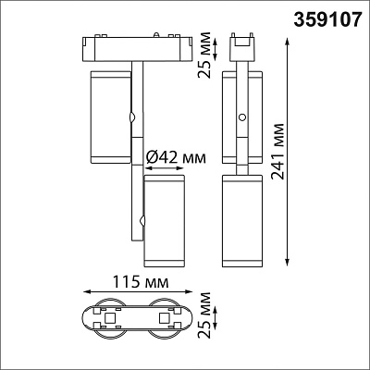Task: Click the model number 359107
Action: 327,19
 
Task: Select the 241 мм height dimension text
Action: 277,151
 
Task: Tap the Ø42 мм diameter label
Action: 176,158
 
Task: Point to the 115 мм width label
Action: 141,281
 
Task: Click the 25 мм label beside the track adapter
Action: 204,55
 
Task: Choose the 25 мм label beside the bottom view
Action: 204,314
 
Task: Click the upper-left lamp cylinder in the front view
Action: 110,117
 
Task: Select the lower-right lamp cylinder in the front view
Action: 165,221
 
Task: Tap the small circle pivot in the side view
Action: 242,117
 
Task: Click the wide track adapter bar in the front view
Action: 137,48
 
